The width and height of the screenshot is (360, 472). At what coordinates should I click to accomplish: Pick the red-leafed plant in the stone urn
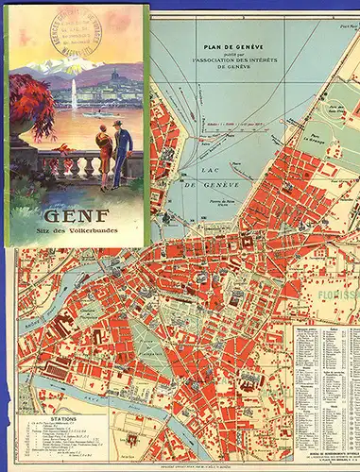pyautogui.click(x=33, y=109)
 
